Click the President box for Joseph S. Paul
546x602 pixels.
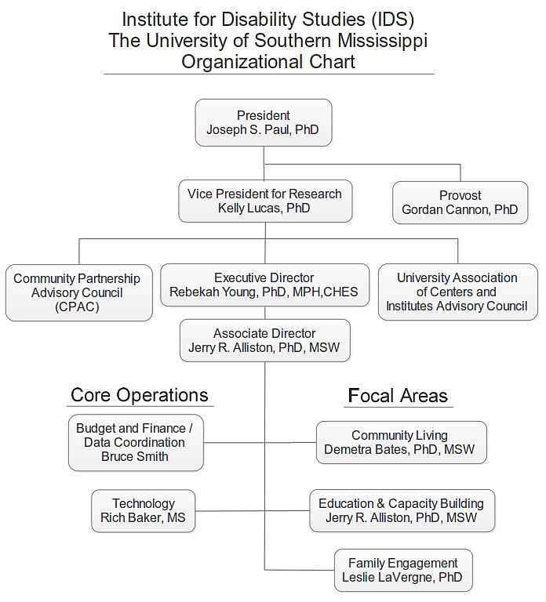tap(264, 122)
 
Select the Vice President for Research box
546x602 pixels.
tap(265, 201)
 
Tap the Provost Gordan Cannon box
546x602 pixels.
tap(460, 202)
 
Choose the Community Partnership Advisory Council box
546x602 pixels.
tap(78, 292)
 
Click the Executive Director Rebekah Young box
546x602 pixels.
tap(264, 285)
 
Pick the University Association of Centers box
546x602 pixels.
tap(457, 292)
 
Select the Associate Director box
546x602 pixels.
tap(264, 340)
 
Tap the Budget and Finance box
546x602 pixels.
tap(136, 442)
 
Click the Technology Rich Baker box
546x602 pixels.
tap(143, 510)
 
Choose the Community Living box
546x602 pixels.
tap(401, 442)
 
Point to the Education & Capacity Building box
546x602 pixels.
tap(402, 510)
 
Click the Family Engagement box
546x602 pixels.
tap(403, 570)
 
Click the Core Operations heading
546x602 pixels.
tap(140, 395)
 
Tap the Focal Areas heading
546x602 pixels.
tap(398, 395)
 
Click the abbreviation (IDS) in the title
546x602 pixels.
tap(392, 20)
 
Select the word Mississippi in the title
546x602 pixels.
tap(382, 41)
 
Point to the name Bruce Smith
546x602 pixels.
tap(135, 456)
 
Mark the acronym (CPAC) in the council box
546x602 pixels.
tap(77, 306)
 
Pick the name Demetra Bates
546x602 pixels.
tap(366, 449)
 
